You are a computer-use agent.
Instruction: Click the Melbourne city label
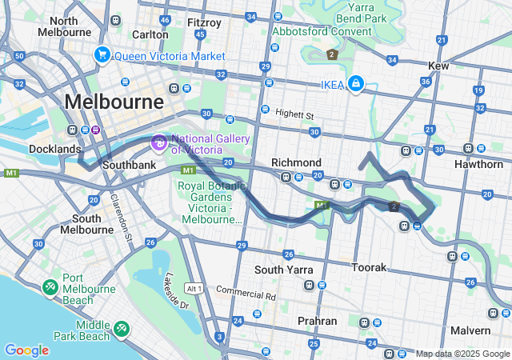114,102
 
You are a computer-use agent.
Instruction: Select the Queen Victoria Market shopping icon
102,55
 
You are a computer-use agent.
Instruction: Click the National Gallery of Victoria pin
158,143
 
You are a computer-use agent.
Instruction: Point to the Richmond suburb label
296,162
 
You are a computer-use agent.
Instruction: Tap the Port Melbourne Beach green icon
50,286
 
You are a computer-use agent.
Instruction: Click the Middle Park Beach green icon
121,327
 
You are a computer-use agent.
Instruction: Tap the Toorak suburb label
370,267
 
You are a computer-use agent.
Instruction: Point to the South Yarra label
283,270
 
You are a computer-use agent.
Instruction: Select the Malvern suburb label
470,330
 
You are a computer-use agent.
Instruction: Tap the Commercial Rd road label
246,294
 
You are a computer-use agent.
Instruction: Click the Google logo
26,350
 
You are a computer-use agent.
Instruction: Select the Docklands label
54,149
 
